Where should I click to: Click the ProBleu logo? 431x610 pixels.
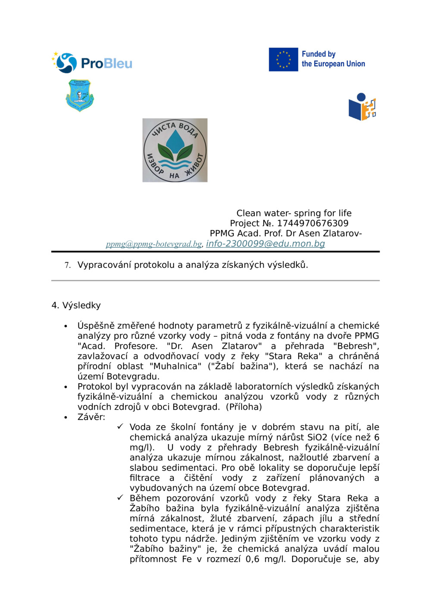[x=92, y=63]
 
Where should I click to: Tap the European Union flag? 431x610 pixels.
[x=283, y=59]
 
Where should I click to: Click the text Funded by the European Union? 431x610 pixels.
[x=333, y=59]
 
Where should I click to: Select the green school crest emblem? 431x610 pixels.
[x=80, y=95]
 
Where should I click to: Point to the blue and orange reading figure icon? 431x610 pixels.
[x=362, y=107]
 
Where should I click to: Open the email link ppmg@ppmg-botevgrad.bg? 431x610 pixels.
[x=154, y=244]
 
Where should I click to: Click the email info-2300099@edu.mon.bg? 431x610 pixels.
[x=265, y=244]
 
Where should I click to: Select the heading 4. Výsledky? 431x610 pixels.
[x=76, y=305]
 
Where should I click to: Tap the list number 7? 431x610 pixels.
[x=67, y=265]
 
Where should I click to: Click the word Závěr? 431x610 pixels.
[x=91, y=417]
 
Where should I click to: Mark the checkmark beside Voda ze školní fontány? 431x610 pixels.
[x=120, y=427]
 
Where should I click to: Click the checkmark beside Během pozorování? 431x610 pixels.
[x=120, y=498]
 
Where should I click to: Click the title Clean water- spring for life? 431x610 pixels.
[x=294, y=213]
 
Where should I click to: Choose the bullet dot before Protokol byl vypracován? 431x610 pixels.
[x=66, y=387]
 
